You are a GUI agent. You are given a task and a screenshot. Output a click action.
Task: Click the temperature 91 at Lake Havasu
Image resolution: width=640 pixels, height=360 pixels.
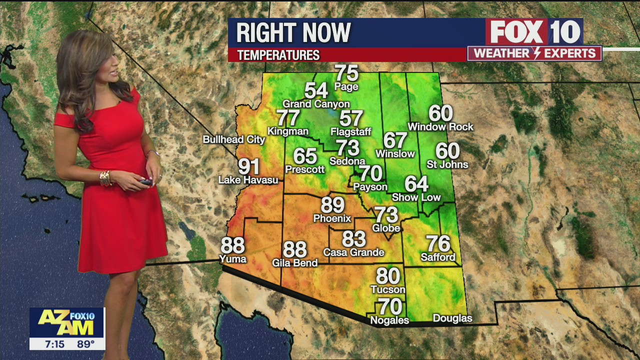tap(248, 166)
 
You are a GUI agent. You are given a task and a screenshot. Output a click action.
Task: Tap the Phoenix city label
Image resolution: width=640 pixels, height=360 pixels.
tap(332, 218)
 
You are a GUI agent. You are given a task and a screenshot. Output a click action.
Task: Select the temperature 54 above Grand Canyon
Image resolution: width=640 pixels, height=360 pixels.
tap(316, 90)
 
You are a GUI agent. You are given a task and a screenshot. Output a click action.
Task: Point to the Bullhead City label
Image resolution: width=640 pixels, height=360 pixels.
tap(233, 139)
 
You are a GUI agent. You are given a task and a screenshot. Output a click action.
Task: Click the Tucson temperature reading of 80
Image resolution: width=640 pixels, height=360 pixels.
tap(388, 276)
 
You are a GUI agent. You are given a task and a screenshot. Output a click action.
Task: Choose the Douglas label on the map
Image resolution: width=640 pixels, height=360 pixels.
tap(452, 318)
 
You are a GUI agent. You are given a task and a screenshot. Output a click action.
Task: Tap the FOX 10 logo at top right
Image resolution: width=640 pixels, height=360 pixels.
tap(534, 32)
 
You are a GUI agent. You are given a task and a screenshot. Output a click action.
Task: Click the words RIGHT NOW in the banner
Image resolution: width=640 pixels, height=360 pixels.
tap(293, 33)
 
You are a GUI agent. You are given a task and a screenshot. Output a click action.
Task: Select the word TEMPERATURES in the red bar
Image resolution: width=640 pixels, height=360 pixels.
tap(278, 55)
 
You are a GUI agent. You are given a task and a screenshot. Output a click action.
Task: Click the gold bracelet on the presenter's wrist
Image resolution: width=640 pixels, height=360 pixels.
tap(105, 177)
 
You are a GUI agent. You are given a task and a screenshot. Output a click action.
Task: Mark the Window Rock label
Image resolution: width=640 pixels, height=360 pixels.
tap(440, 127)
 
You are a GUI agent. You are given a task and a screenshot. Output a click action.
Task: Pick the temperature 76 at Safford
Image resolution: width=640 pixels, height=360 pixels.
tap(438, 244)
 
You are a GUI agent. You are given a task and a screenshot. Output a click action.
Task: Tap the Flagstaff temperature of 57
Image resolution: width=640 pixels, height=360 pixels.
tap(351, 118)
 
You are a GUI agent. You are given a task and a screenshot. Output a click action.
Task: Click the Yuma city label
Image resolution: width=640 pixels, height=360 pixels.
tap(233, 259)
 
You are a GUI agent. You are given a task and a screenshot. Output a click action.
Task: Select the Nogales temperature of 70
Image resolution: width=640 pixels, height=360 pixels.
tap(390, 305)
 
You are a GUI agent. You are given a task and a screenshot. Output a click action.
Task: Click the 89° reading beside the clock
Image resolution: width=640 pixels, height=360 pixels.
tap(85, 344)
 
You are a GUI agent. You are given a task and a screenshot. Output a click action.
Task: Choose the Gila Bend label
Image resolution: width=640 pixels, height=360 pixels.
tap(294, 262)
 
